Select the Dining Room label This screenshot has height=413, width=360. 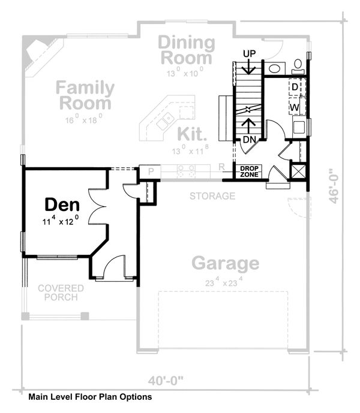pos(187,50)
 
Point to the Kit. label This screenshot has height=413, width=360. pos(191,132)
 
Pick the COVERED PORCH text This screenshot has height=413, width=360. pos(61,293)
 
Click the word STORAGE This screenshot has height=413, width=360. pos(212,196)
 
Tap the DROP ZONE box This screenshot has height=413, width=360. pos(249,171)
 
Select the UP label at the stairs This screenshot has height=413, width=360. pos(250,54)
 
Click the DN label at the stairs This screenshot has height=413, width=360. pos(250,140)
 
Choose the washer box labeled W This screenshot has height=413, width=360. pos(295,107)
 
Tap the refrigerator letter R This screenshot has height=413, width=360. pos(221,167)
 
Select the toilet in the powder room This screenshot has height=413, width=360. pos(298,64)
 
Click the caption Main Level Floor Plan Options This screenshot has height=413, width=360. pos(89,397)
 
